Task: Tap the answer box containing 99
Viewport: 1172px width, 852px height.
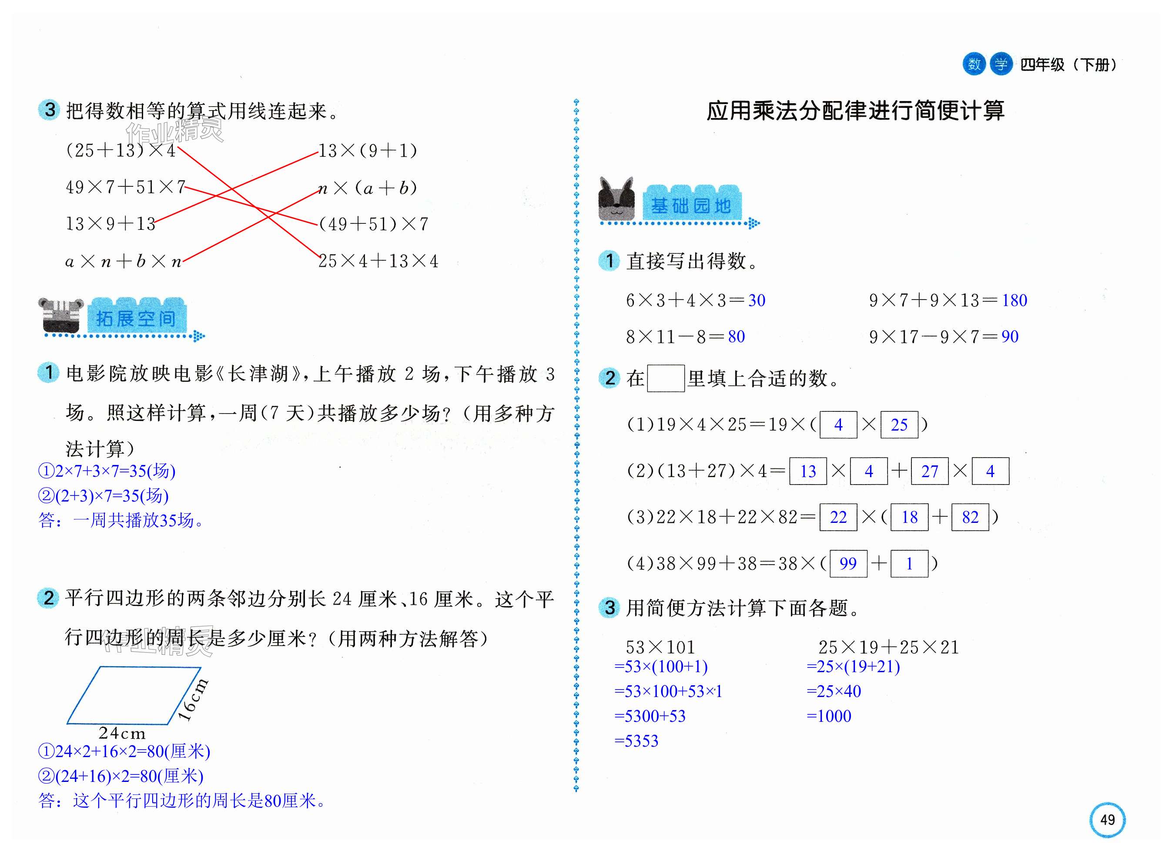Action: [848, 563]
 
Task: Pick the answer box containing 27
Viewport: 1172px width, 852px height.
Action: [929, 471]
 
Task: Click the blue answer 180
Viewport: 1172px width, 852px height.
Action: [1015, 300]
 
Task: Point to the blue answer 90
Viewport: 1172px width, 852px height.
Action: [1010, 337]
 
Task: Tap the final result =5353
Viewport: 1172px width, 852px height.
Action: [636, 741]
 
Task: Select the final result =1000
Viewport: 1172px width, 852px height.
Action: [829, 716]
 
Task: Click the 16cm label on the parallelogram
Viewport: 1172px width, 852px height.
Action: [192, 699]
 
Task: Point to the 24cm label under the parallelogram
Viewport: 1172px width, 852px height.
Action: [122, 733]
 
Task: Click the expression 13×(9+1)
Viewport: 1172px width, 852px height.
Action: [368, 151]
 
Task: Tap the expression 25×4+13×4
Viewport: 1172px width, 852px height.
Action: [378, 261]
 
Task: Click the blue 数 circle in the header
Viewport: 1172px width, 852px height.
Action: [974, 64]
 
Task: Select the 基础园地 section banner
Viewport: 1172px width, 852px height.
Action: [691, 205]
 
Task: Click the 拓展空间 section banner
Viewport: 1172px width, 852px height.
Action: [136, 317]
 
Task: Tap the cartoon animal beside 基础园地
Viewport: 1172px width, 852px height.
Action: [616, 199]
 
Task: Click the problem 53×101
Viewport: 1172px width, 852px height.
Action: [660, 647]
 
